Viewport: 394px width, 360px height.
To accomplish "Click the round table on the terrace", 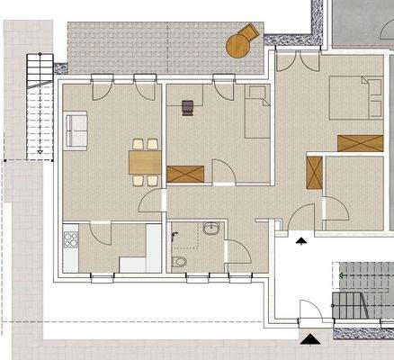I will click(237, 47).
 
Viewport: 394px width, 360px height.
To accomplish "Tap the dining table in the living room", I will click(145, 162).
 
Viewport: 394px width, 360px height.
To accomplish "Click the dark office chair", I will click(186, 107).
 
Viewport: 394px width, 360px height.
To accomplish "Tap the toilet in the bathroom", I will click(180, 260).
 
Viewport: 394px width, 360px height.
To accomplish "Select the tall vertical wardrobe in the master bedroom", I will click(315, 173).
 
